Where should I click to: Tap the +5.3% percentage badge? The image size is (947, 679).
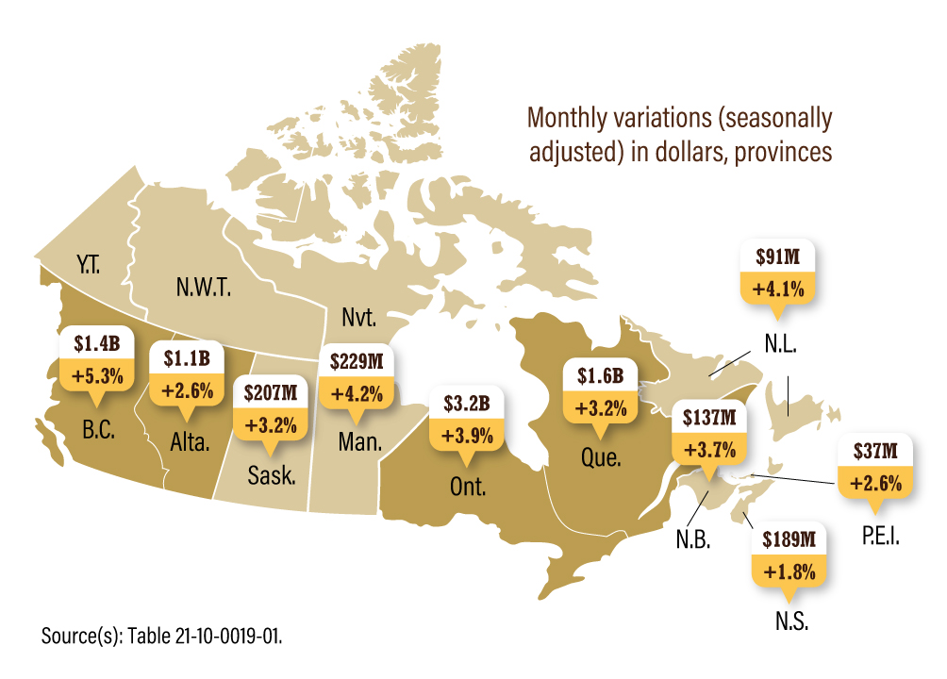(91, 374)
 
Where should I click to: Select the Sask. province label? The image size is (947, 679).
(272, 474)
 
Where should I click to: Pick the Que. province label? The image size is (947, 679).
(600, 459)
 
